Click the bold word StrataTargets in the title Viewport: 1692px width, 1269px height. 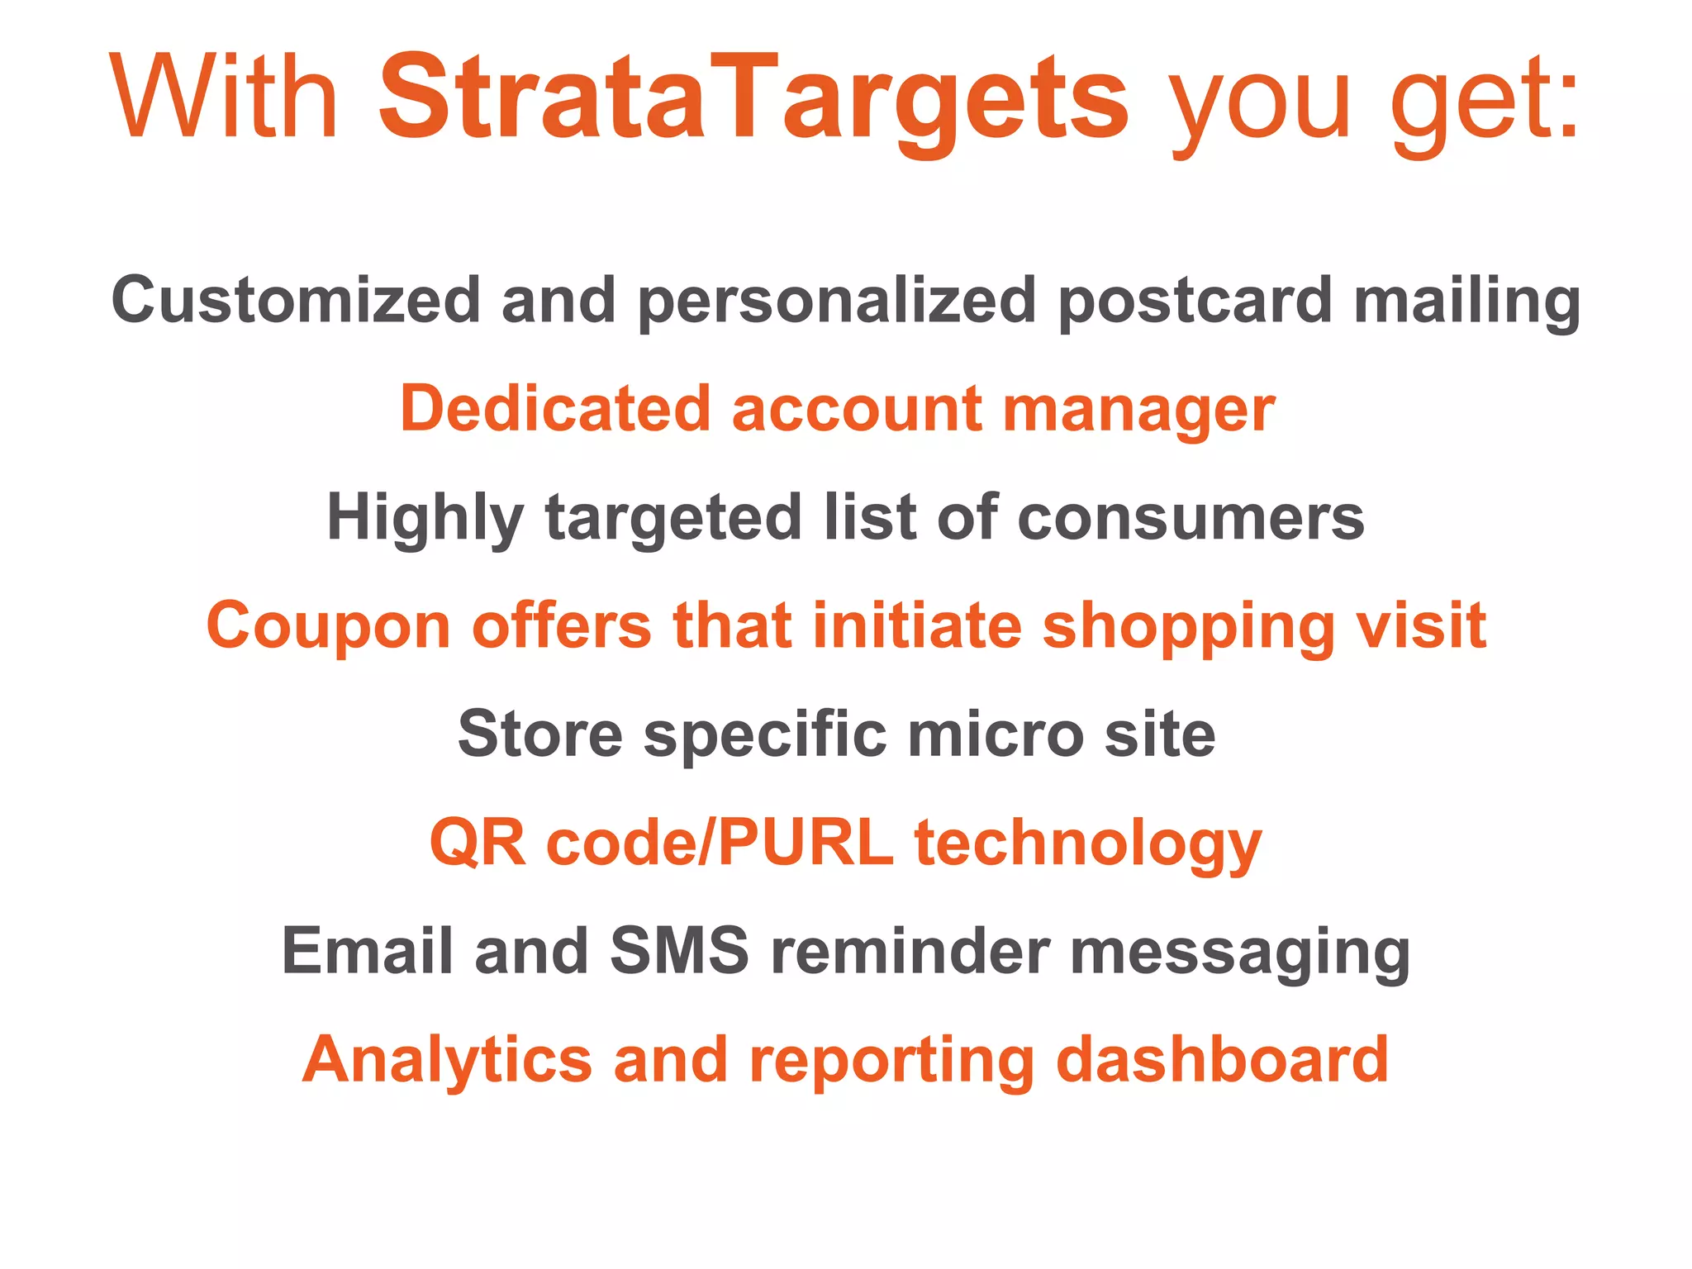[753, 97]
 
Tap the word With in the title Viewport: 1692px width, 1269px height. [224, 97]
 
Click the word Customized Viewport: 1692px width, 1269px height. [296, 300]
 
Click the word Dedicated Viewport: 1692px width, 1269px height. [555, 408]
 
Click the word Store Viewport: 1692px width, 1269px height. [539, 734]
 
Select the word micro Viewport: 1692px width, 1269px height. [995, 734]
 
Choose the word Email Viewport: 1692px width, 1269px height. [367, 951]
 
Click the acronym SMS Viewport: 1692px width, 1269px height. [679, 951]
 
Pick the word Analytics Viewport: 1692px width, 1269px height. [447, 1061]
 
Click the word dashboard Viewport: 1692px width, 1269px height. [1222, 1059]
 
